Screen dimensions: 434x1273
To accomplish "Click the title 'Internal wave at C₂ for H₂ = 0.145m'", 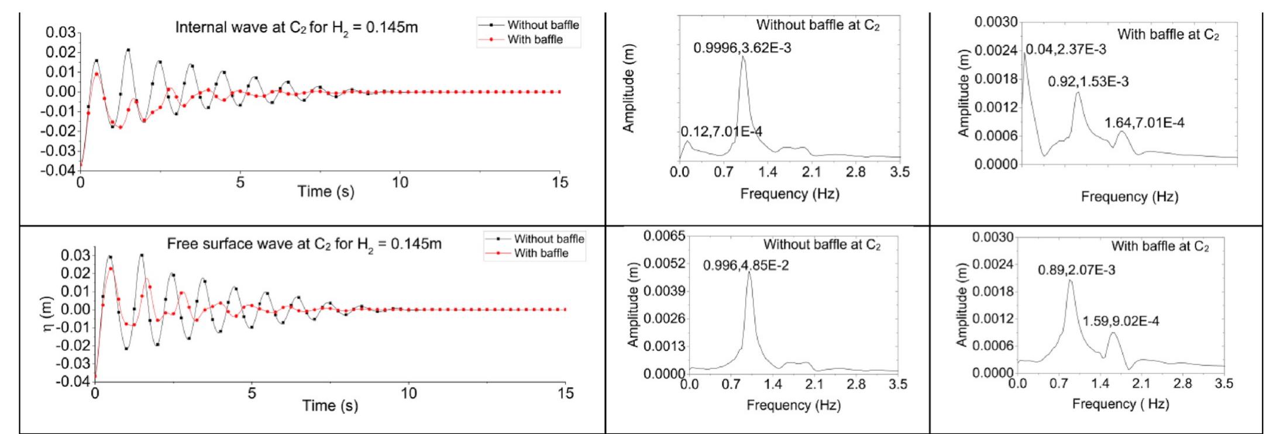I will click(x=297, y=27).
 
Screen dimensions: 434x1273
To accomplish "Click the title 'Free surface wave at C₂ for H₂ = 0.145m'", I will click(x=304, y=243).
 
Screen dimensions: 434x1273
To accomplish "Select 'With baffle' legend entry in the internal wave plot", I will click(x=535, y=40).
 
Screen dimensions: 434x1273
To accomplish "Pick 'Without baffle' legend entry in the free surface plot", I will click(x=549, y=239).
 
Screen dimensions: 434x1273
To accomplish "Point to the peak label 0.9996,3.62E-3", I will click(x=742, y=48).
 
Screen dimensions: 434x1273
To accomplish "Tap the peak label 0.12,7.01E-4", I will click(x=721, y=132).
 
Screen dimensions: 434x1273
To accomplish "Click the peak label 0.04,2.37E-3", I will click(x=1065, y=50).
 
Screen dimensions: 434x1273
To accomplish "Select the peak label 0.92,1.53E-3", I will click(x=1088, y=82).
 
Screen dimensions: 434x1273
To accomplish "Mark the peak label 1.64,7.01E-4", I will click(x=1144, y=123).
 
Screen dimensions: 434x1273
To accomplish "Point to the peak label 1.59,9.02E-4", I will click(x=1120, y=321).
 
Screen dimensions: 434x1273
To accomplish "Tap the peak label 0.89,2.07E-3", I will click(x=1076, y=270).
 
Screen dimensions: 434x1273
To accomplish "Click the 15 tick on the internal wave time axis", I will click(x=559, y=182).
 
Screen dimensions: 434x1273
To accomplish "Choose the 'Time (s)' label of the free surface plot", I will click(x=330, y=405).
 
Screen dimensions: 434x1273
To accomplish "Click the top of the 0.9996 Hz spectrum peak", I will click(x=743, y=57).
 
